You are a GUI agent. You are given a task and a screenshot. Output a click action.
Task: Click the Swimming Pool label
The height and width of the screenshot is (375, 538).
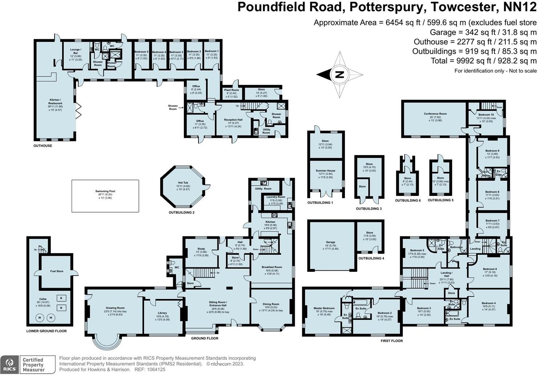coord(105,191)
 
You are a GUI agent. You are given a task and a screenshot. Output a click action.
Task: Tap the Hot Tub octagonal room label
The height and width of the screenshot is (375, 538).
coord(183,183)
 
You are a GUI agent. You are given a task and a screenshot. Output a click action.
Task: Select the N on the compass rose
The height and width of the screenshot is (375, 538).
coord(339,74)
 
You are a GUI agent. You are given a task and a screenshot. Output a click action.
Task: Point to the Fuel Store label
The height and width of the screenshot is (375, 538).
coord(57,271)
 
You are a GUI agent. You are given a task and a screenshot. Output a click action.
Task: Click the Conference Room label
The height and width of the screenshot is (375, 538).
coord(435,114)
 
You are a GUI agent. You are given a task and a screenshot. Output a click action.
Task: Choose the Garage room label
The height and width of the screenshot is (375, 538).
coord(330,242)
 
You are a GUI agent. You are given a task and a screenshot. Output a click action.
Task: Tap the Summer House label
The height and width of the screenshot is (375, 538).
coord(325,171)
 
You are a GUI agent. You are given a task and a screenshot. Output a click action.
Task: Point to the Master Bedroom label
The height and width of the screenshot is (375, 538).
coord(324,308)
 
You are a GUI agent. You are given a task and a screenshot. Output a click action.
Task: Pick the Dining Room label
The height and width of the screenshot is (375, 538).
coord(271,304)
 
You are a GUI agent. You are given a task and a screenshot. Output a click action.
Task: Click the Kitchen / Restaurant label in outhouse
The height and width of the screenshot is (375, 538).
coord(55,101)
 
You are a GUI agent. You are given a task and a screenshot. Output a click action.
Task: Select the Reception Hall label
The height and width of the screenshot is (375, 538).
coord(233,120)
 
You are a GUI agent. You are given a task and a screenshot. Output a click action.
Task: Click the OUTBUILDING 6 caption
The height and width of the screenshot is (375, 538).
coord(407,200)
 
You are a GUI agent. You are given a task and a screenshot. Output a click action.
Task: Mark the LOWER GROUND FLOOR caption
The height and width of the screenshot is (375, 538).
coord(47,331)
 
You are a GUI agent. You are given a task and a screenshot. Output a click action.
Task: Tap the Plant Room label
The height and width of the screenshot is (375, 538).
coord(231,90)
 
